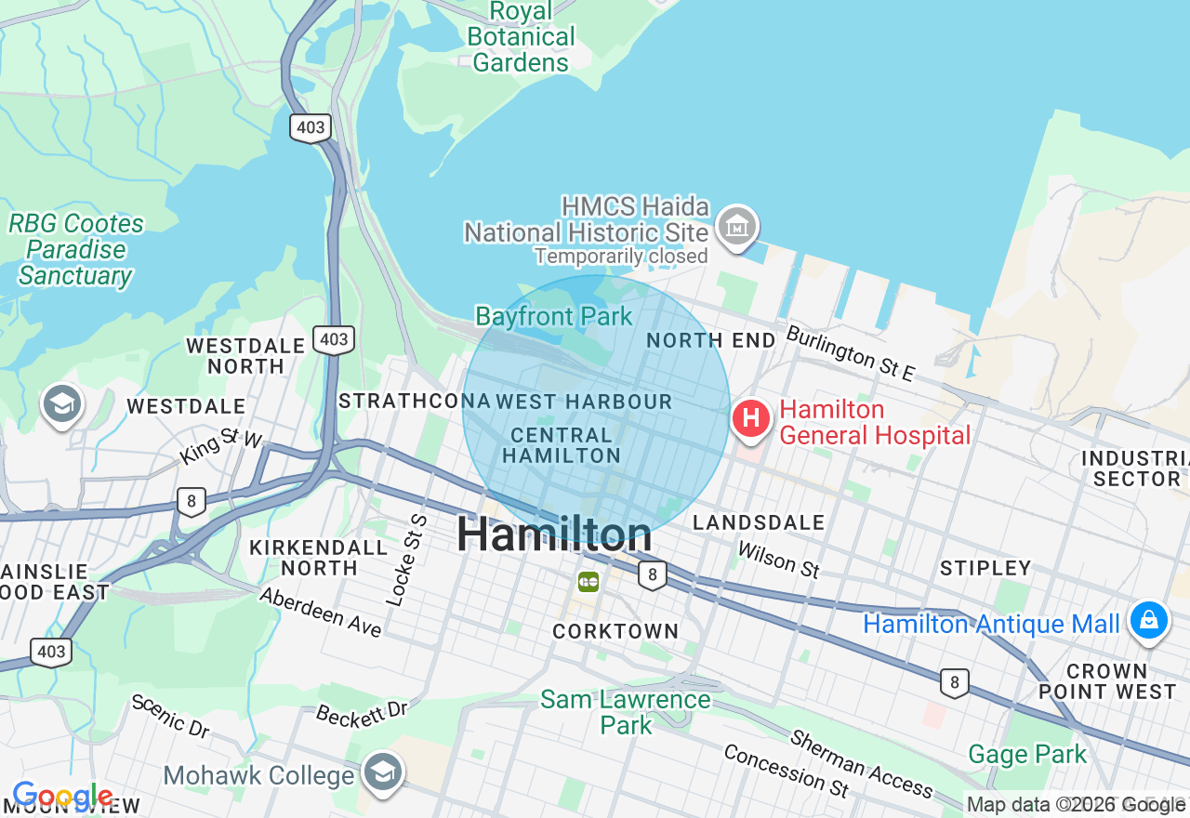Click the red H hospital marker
pos(751,418)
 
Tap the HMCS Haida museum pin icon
pos(737,226)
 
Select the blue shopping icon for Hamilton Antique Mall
pos(1148,620)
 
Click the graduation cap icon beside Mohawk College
pos(382,772)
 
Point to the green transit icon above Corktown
pos(588,582)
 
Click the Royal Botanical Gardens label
pos(521,37)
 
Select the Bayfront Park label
pos(554,316)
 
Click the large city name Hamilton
pos(554,535)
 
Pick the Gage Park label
pos(1027,754)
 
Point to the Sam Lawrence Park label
pos(626,712)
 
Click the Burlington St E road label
pos(851,353)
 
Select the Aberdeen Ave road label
pos(321,613)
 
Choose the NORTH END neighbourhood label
pos(711,340)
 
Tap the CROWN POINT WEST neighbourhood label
pos(1106,681)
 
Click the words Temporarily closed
pos(621,256)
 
